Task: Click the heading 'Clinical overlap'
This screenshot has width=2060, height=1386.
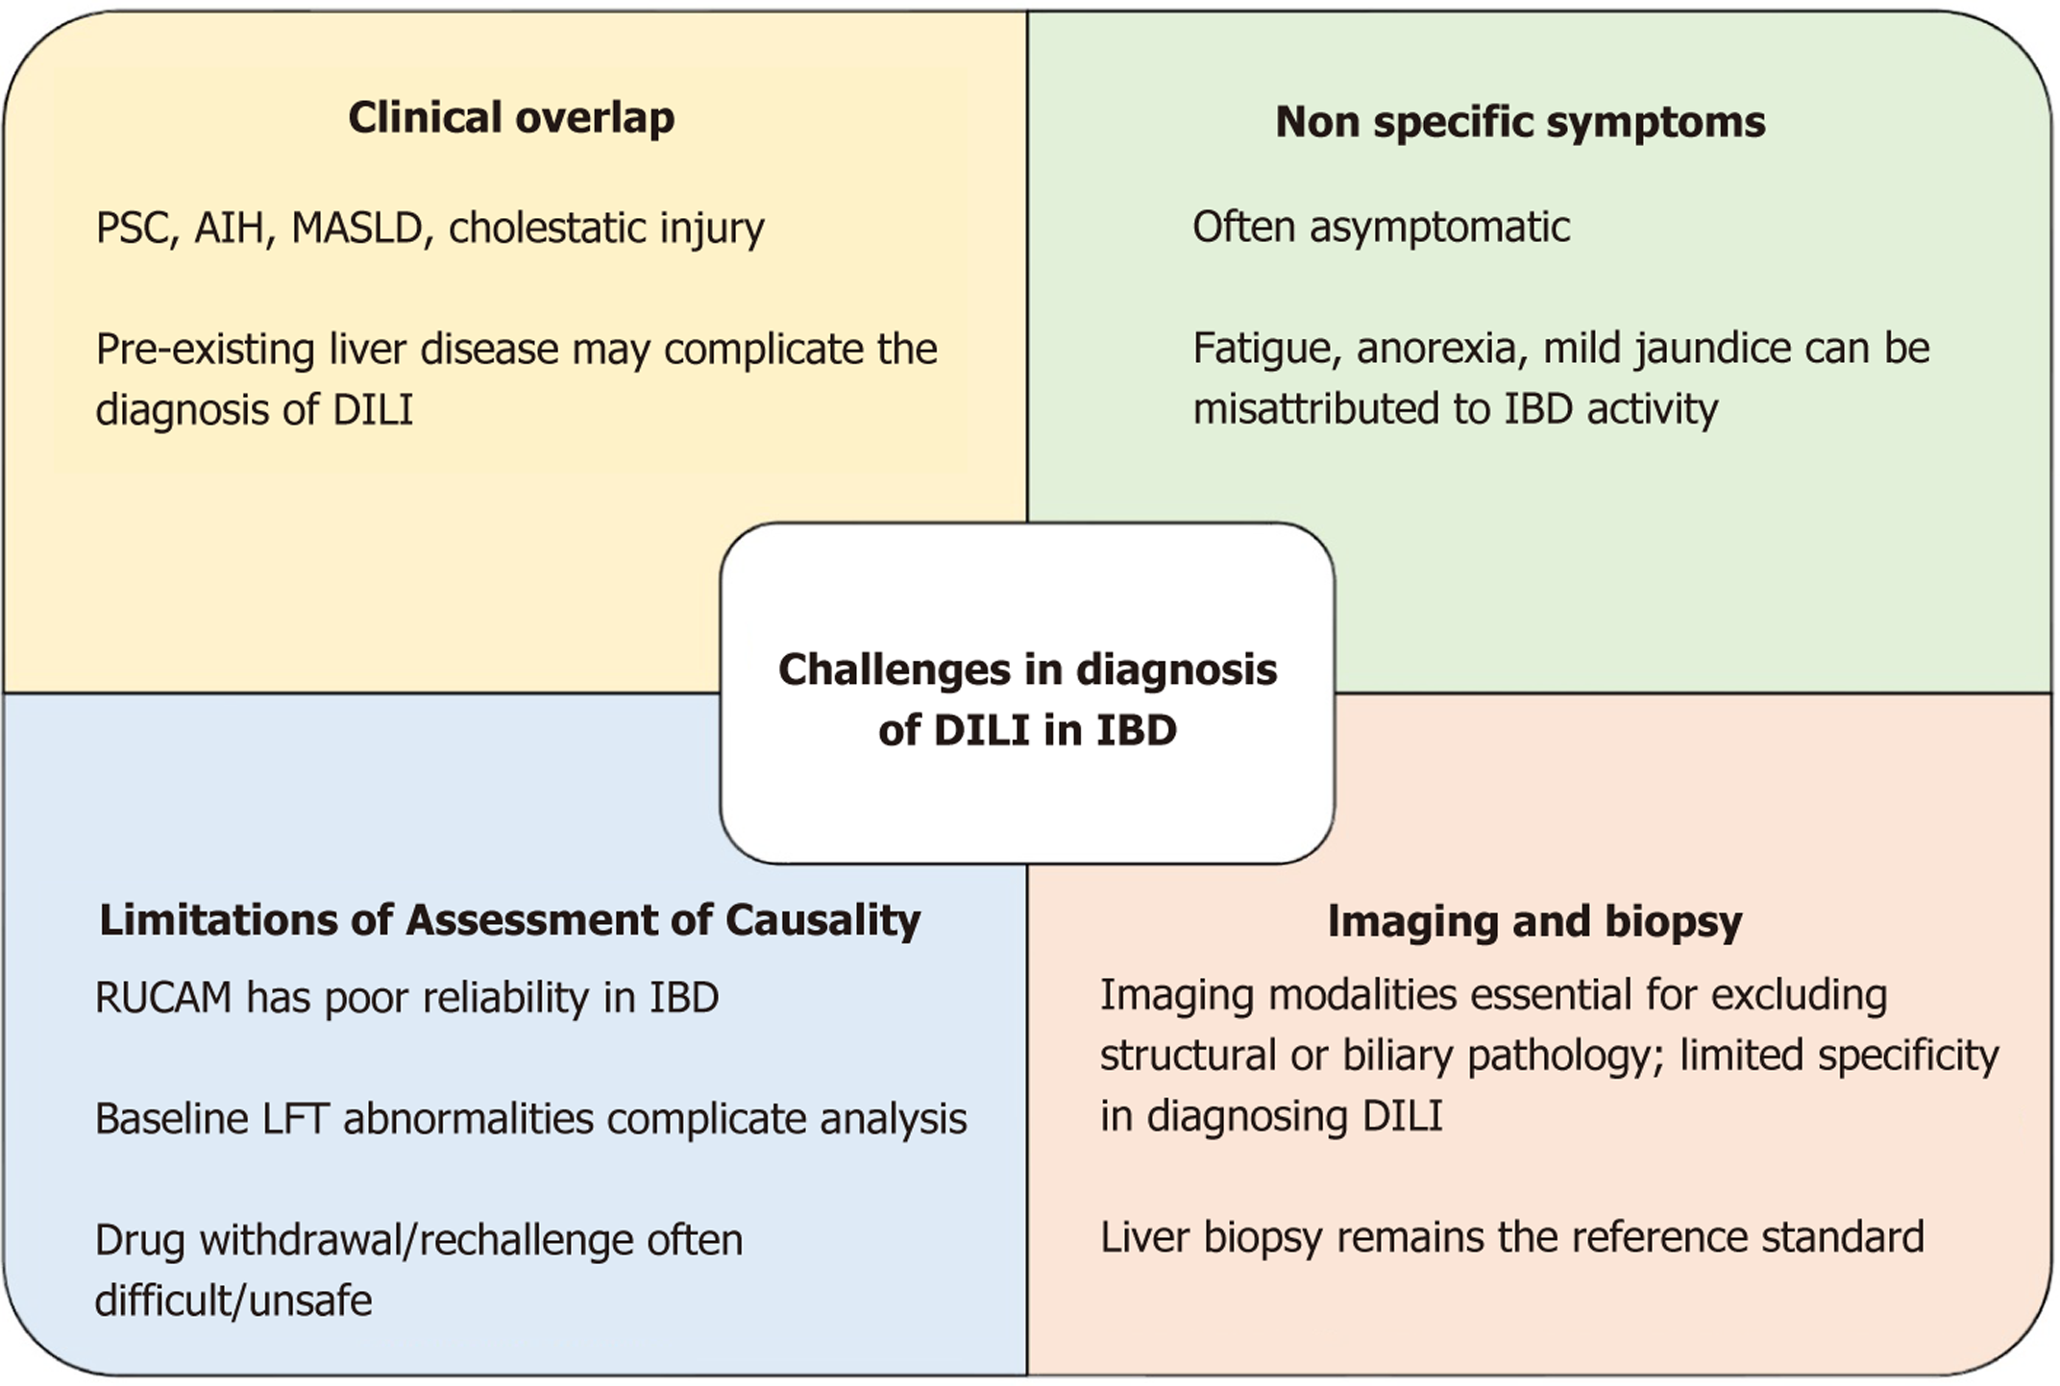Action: (511, 118)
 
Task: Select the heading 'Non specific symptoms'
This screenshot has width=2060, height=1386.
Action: (1520, 122)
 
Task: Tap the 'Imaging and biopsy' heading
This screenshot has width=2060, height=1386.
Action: (1534, 921)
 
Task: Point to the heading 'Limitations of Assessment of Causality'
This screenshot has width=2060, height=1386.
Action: (510, 920)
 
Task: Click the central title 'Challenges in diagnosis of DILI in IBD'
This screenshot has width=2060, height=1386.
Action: (1027, 699)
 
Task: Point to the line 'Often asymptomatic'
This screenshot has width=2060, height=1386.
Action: (1381, 228)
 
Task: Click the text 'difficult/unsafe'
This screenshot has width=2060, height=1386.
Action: (233, 1301)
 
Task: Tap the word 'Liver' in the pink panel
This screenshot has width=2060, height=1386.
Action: (1143, 1237)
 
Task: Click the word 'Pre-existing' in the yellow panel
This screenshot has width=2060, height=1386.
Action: (205, 350)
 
